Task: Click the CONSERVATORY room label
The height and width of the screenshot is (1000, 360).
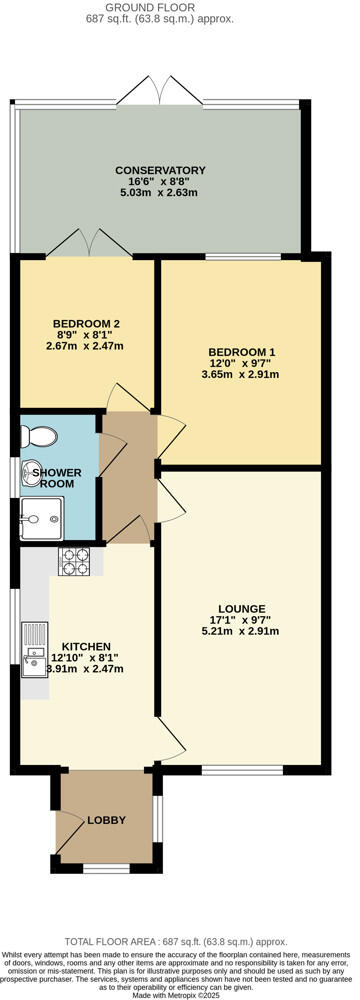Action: click(x=160, y=170)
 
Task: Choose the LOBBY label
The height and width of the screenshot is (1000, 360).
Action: click(x=107, y=820)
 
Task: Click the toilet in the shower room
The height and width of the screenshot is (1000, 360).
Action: click(x=38, y=436)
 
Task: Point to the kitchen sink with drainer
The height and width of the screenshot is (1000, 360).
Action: click(x=33, y=650)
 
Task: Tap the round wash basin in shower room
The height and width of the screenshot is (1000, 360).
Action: click(x=27, y=477)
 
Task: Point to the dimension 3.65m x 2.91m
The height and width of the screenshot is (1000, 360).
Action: click(x=241, y=376)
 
